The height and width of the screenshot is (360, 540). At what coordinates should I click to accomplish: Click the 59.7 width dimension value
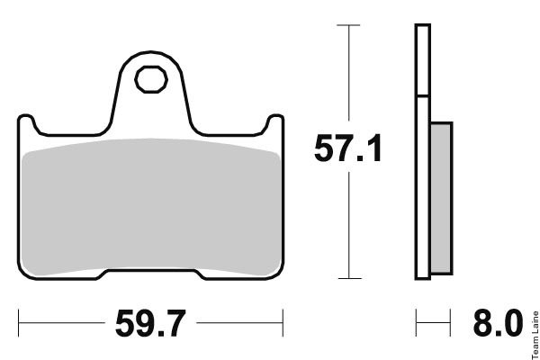(x=150, y=323)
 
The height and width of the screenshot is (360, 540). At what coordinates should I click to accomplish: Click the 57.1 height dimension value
(x=347, y=148)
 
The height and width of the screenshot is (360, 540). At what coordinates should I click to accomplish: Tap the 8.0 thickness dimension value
(x=498, y=323)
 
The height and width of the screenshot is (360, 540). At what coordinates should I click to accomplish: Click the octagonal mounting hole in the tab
(x=151, y=79)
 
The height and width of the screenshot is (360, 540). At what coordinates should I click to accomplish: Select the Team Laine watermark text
(x=535, y=335)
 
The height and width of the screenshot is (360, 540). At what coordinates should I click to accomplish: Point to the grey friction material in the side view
(x=441, y=198)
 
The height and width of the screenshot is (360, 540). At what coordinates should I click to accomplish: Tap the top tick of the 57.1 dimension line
(x=348, y=25)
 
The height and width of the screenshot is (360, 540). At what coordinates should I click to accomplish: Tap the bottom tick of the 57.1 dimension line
(x=349, y=278)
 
